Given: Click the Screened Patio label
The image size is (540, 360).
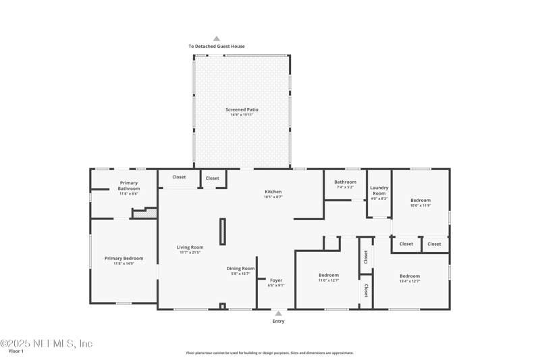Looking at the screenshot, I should tap(242, 109).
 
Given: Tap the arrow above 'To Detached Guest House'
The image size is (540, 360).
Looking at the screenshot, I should tap(217, 38).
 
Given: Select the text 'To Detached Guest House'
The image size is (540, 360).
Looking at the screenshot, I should tap(217, 47).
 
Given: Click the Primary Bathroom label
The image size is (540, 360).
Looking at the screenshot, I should tap(129, 185).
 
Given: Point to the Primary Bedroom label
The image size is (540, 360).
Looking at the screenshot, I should tap(124, 258).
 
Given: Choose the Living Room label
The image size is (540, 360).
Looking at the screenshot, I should tap(190, 247).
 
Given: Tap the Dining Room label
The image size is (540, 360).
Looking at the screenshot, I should tap(240, 268).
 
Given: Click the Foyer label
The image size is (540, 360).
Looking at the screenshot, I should tap(276, 280).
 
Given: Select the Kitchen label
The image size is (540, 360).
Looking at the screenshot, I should tap(273, 192).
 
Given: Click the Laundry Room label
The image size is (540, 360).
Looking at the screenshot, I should tap(379, 190).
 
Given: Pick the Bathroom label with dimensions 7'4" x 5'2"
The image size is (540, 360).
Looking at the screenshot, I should tap(345, 182).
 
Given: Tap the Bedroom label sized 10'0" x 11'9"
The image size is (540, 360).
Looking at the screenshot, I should tap(421, 200).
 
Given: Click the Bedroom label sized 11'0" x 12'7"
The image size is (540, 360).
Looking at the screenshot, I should tap(329, 275).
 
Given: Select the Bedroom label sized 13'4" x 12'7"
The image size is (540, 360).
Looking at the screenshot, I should tap(410, 276).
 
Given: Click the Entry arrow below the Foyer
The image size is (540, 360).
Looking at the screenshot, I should tap(278, 313).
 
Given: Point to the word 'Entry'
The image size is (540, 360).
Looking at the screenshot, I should tap(278, 322).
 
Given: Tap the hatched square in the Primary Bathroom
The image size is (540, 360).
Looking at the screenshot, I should tap(153, 213).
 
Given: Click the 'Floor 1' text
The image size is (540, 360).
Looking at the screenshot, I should tap(16, 351).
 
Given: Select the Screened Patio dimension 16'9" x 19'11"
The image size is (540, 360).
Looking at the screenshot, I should tap(242, 115).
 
